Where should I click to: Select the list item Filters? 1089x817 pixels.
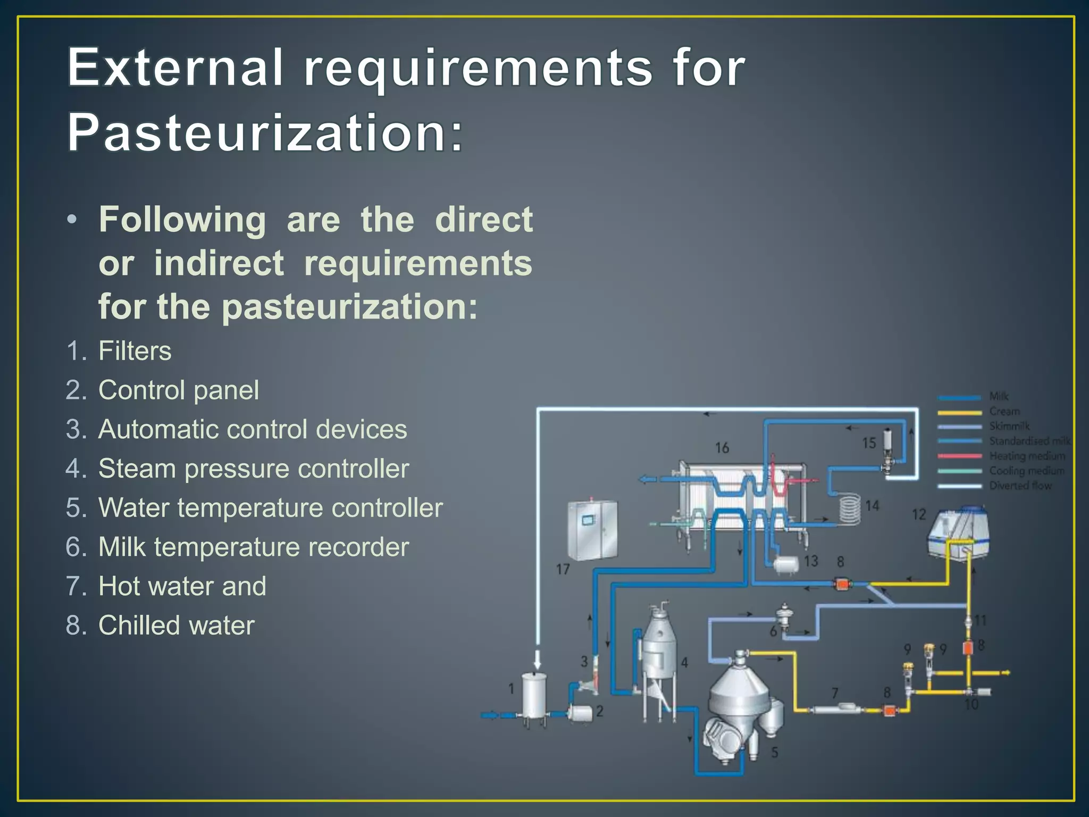click(135, 351)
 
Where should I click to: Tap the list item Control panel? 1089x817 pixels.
click(179, 390)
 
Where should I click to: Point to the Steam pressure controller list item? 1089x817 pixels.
click(254, 469)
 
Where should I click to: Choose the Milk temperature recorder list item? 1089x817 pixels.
click(254, 547)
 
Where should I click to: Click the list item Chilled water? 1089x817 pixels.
click(176, 625)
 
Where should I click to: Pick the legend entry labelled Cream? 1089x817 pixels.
click(1004, 411)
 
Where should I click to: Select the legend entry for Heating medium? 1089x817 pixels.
click(1027, 456)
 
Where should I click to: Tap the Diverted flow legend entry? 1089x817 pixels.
click(1020, 486)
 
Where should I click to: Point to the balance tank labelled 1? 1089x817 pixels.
click(534, 695)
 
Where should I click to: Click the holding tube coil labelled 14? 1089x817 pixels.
click(850, 508)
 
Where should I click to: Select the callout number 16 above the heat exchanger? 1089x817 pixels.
click(722, 448)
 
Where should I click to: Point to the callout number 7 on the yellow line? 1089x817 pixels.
click(835, 693)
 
